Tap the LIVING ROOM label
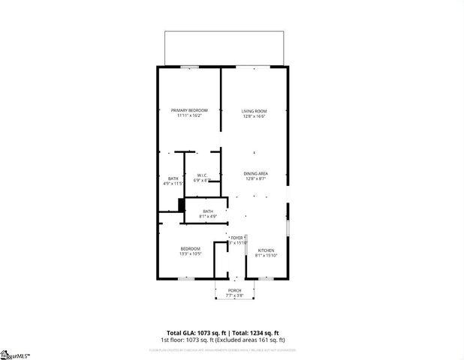coord(255,111)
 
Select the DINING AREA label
coord(255,173)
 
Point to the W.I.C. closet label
coord(200,175)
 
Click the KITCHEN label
coord(266,250)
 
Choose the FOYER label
coord(237,237)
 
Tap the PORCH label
coord(234,290)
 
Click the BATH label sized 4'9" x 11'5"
coord(173,178)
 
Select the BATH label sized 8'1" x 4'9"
coord(208,211)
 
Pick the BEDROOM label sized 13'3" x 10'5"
coord(190,248)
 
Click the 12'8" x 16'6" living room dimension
coord(255,116)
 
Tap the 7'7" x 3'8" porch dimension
coord(234,295)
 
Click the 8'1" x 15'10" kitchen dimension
coord(266,256)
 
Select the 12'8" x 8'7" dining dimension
coord(255,178)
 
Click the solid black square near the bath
coord(181,205)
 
